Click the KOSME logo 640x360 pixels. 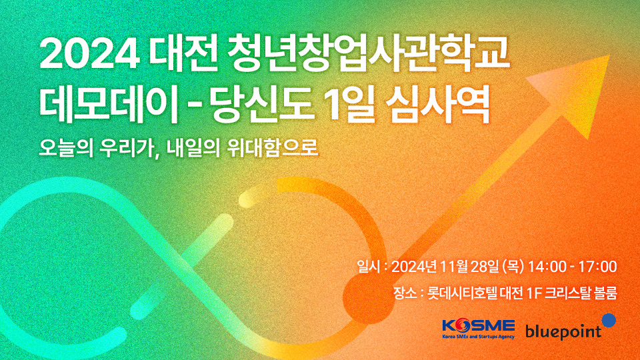(479, 328)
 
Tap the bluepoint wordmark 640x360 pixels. (563, 331)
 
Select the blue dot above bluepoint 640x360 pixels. (609, 320)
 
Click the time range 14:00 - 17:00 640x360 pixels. (572, 267)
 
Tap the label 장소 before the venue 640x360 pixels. (405, 293)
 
